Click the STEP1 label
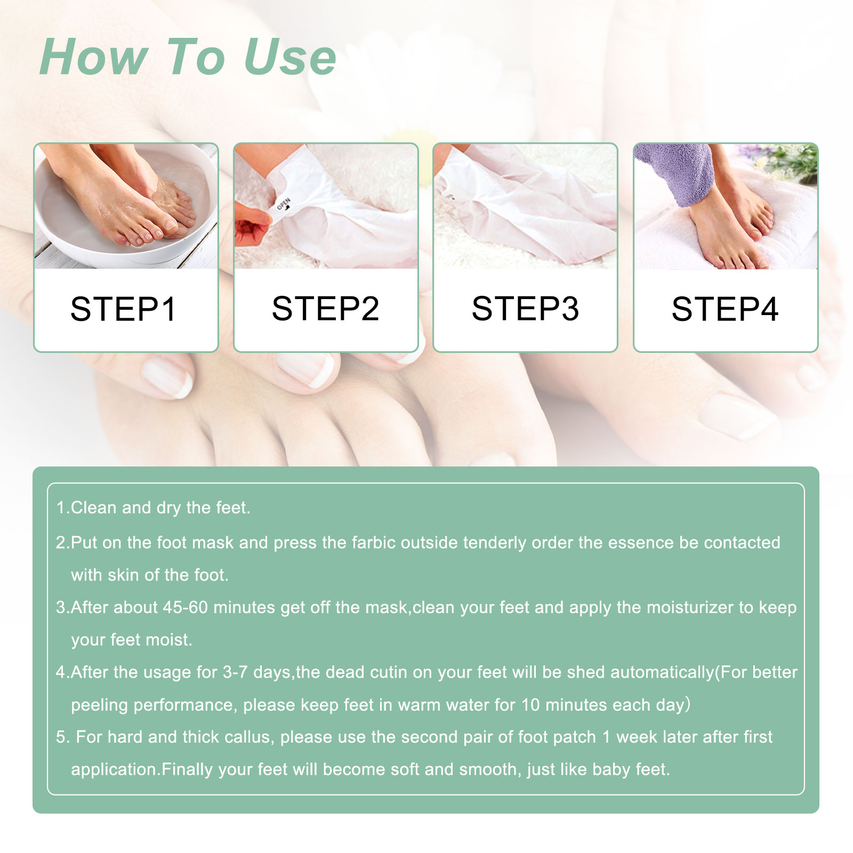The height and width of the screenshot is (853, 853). [123, 309]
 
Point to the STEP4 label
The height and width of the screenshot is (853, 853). [725, 309]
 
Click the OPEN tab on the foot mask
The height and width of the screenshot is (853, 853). [283, 206]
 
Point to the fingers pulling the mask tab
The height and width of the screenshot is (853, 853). [251, 227]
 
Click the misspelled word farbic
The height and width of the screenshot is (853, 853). [373, 543]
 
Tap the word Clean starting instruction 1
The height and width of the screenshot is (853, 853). [94, 508]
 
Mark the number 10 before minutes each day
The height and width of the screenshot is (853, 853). [530, 705]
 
